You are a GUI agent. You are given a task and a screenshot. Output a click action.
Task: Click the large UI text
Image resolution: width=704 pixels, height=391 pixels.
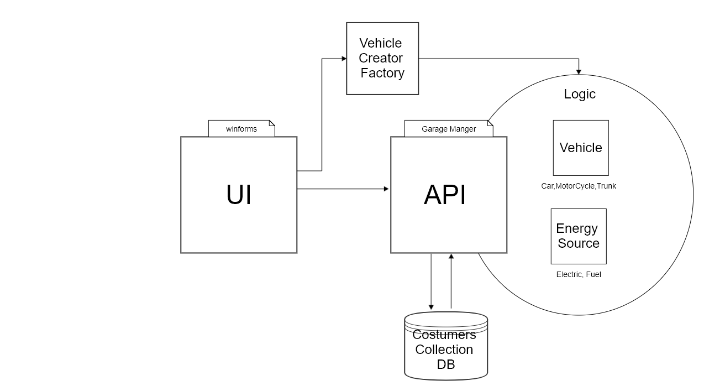click(x=239, y=195)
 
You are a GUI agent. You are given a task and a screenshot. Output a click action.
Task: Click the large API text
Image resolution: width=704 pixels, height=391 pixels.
click(x=445, y=195)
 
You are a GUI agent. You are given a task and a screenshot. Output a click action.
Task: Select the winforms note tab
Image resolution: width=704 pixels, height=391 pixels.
click(x=241, y=129)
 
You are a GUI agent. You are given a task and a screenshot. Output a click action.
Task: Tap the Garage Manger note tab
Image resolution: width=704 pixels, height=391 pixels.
click(x=448, y=129)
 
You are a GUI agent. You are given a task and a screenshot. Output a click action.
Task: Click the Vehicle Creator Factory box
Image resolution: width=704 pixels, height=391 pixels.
click(x=382, y=58)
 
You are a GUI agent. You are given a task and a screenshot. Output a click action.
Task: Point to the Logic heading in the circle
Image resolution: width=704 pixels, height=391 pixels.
click(x=580, y=94)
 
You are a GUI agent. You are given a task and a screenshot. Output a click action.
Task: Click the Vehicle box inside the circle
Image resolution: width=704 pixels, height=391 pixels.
click(x=581, y=148)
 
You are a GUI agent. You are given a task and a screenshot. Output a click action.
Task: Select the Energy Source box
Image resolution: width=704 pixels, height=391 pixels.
click(x=579, y=236)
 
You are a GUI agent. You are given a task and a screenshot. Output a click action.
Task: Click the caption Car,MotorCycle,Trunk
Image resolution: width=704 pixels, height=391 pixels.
click(x=578, y=186)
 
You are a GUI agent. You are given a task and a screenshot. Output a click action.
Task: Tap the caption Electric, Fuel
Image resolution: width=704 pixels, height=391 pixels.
click(x=578, y=274)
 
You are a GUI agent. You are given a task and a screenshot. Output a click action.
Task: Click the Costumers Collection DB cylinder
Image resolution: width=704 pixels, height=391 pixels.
click(x=446, y=348)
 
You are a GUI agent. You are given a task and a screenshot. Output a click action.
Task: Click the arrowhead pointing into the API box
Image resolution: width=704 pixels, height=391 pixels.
click(x=386, y=189)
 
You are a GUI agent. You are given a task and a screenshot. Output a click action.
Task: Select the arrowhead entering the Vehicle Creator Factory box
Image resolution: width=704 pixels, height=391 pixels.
click(x=343, y=58)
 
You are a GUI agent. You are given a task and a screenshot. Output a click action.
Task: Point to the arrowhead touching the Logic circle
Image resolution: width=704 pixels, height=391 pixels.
click(x=579, y=71)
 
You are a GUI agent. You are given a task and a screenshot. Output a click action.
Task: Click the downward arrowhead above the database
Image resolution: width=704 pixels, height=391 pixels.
click(x=431, y=307)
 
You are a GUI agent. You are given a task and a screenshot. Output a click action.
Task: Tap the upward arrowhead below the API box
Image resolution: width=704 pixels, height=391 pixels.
click(x=451, y=257)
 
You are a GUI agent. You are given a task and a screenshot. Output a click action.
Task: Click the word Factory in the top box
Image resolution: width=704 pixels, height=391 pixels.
click(x=382, y=73)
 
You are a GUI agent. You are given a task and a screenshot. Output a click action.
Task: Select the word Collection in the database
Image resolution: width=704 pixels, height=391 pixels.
click(x=444, y=350)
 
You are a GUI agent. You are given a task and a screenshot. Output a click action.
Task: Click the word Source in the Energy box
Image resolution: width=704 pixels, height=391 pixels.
click(x=579, y=243)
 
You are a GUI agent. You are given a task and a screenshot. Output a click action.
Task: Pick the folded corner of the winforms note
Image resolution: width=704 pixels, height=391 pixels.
click(x=271, y=123)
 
